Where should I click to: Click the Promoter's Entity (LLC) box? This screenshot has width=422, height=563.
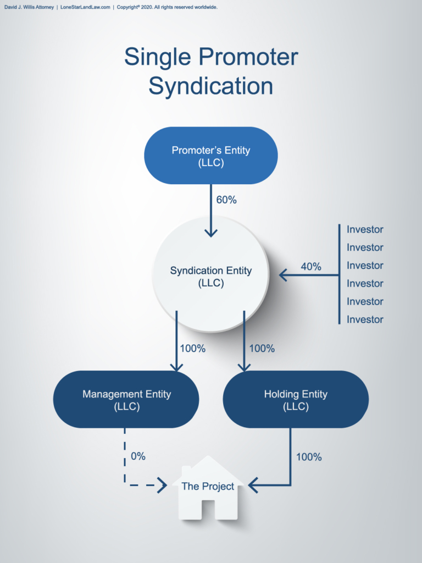pyautogui.click(x=211, y=156)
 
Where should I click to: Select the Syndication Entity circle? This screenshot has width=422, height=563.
pyautogui.click(x=211, y=275)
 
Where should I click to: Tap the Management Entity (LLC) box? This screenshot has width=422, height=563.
pyautogui.click(x=126, y=400)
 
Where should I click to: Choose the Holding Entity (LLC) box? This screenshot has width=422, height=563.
pyautogui.click(x=296, y=400)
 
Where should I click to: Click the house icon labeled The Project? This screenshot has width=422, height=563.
pyautogui.click(x=208, y=488)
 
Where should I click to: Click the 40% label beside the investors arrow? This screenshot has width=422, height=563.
pyautogui.click(x=311, y=267)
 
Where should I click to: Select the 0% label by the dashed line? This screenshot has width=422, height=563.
pyautogui.click(x=138, y=456)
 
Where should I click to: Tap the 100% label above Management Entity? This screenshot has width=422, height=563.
pyautogui.click(x=192, y=349)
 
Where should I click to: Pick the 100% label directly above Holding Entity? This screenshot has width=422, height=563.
pyautogui.click(x=262, y=349)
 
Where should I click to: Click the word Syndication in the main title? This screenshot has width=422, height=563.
pyautogui.click(x=211, y=86)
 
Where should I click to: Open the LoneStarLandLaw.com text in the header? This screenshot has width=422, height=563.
pyautogui.click(x=86, y=7)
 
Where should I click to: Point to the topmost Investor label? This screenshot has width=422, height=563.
pyautogui.click(x=365, y=229)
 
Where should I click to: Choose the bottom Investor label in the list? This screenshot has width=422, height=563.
pyautogui.click(x=365, y=319)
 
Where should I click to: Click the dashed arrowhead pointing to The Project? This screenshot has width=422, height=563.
pyautogui.click(x=162, y=485)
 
